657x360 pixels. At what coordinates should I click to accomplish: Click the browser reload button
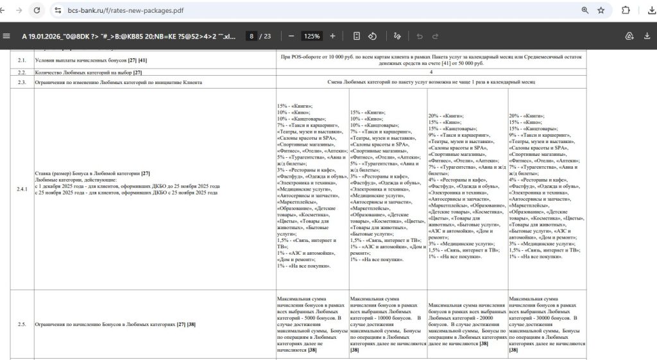tap(37, 10)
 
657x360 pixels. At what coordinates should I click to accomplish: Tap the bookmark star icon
tap(601, 10)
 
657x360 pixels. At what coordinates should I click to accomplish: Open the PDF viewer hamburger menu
tap(6, 36)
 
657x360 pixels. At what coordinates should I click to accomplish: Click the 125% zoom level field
tap(312, 36)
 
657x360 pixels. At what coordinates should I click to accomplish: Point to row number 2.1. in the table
tap(21, 60)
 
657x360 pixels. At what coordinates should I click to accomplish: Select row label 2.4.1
tap(22, 189)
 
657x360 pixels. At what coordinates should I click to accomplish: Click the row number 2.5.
tap(21, 325)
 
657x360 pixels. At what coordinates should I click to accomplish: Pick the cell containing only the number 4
tap(431, 73)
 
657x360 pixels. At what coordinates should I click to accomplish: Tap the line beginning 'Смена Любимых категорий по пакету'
tap(431, 82)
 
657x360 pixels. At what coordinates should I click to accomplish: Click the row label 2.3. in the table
tap(21, 82)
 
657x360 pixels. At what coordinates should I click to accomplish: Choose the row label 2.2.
tap(21, 73)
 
